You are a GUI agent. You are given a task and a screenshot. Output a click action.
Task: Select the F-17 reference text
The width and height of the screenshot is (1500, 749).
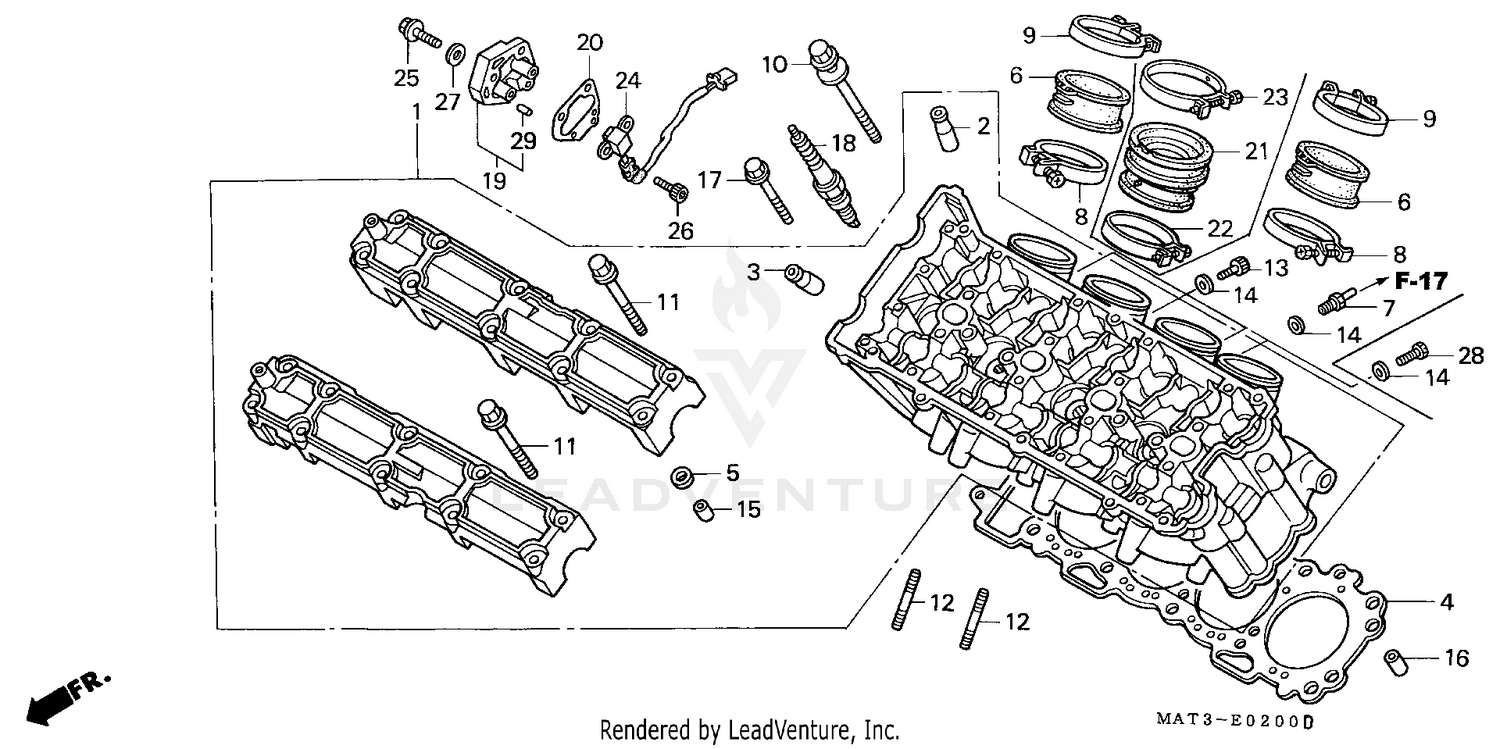pyautogui.click(x=1421, y=282)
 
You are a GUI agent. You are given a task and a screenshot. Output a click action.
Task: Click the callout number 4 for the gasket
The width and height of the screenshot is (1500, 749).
pyautogui.click(x=1445, y=602)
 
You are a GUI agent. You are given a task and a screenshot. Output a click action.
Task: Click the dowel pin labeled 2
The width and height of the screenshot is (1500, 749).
pyautogui.click(x=945, y=126)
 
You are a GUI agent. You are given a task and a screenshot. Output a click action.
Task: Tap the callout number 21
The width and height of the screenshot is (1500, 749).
pyautogui.click(x=1255, y=151)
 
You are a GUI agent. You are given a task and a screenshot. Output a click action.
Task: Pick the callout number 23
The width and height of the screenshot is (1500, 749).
pyautogui.click(x=1274, y=97)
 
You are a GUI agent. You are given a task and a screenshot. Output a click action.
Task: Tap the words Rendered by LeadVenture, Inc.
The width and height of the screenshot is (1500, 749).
pyautogui.click(x=749, y=730)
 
